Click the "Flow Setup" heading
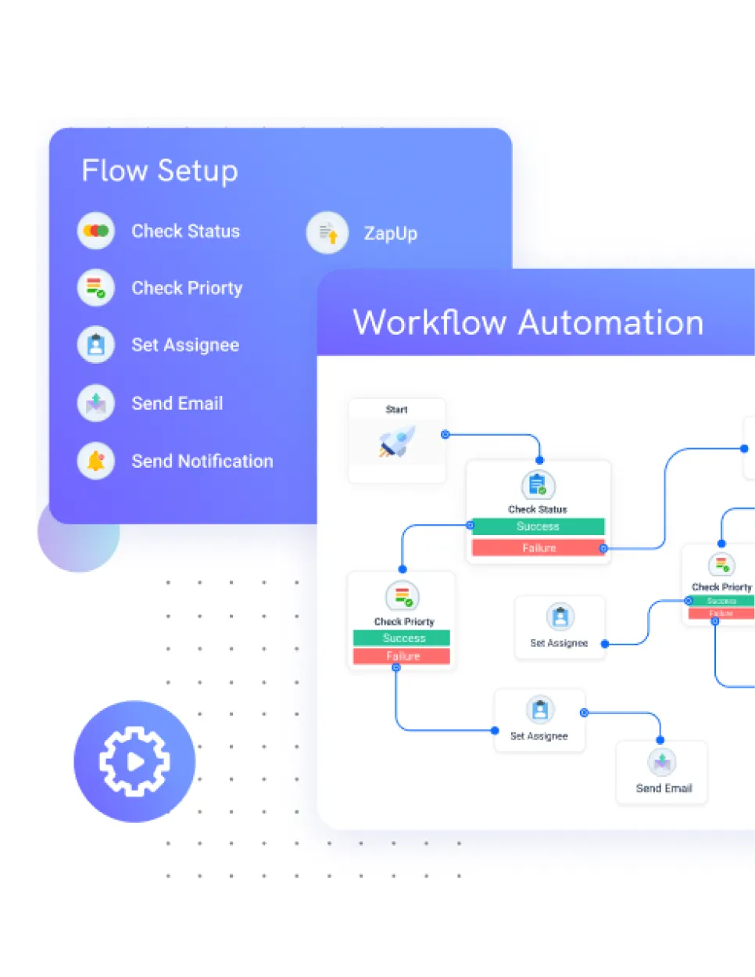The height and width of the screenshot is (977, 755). tap(159, 171)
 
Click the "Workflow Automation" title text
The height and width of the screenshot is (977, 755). tap(528, 322)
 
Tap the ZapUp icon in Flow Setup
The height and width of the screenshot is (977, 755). tap(327, 232)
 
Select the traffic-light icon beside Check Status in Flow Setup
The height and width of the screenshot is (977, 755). tap(96, 231)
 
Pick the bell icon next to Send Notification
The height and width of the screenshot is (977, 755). tap(96, 461)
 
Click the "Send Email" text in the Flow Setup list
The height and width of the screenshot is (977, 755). tap(177, 404)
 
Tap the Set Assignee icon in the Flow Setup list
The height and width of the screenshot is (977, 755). tap(96, 345)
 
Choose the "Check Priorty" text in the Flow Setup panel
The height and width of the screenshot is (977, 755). tap(187, 288)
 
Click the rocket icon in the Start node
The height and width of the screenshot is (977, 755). tap(397, 442)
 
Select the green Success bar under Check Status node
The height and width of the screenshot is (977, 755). tap(538, 526)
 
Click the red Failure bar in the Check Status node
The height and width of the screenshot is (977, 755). tap(538, 548)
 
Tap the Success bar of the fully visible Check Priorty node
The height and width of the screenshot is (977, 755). tap(402, 638)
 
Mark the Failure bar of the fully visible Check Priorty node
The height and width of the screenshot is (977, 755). tap(402, 656)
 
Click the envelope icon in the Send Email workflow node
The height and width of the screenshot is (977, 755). tap(662, 762)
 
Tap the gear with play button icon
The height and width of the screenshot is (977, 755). tap(134, 761)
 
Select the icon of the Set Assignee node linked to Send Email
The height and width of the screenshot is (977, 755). tap(540, 710)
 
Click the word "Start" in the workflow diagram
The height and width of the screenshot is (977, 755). tap(396, 409)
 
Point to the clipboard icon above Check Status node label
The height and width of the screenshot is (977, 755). tap(538, 486)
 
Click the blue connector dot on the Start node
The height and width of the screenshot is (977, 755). tap(445, 434)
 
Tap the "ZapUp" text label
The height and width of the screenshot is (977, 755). tap(390, 233)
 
